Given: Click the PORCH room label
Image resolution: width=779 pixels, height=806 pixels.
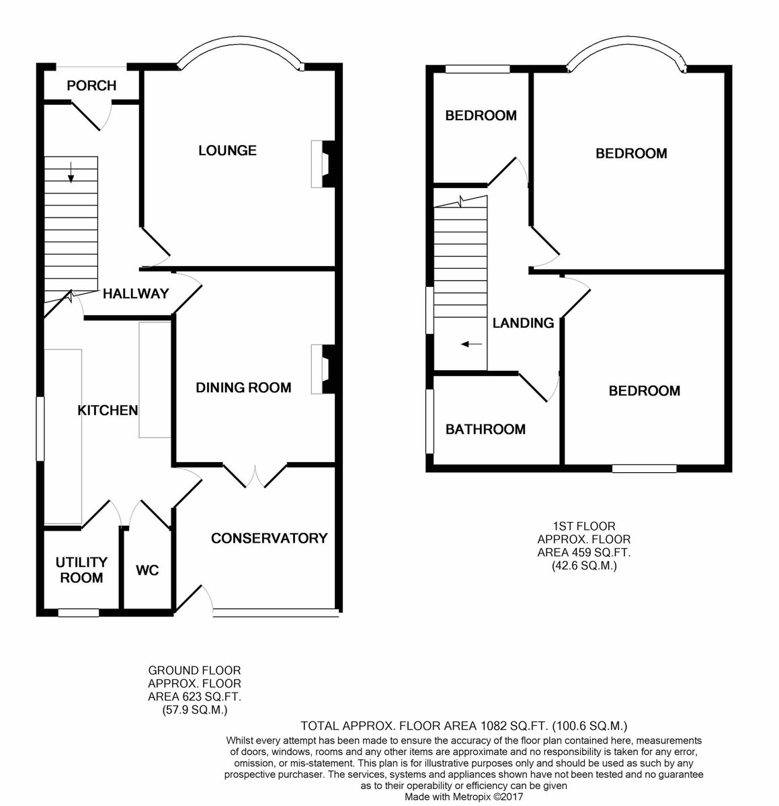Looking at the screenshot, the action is [x=91, y=86].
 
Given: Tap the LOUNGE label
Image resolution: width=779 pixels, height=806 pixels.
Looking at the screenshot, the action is [x=227, y=150].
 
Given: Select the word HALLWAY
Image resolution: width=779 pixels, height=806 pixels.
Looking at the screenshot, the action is [x=136, y=294].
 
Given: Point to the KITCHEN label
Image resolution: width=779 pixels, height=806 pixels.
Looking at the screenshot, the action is [x=108, y=410].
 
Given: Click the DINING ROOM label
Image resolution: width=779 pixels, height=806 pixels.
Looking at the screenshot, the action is [x=243, y=388].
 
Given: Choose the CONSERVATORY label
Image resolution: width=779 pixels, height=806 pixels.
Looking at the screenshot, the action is [x=270, y=538].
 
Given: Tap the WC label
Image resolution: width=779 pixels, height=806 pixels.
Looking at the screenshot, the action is [x=147, y=570].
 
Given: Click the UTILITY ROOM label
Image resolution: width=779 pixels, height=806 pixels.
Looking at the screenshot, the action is [x=81, y=570].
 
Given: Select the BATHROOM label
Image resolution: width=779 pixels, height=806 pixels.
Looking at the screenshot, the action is [x=486, y=429].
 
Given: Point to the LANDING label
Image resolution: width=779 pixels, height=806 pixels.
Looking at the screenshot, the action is [x=524, y=323].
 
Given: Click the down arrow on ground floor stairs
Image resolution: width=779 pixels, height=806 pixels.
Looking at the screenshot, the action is [x=71, y=173].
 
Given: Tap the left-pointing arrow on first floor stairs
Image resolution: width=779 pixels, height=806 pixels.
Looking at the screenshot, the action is [x=472, y=344].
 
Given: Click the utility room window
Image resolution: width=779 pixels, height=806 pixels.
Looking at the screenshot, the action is [x=79, y=613].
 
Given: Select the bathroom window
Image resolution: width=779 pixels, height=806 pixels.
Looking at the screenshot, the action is [x=430, y=421].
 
